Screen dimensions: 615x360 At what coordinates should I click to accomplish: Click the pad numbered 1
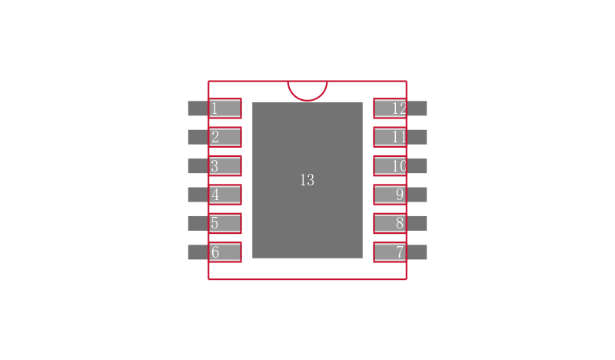tap(224, 108)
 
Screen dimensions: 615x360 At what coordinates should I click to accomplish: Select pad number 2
tap(224, 137)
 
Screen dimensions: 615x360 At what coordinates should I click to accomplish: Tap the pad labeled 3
tap(224, 165)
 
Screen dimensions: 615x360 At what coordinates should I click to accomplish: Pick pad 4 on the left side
tap(224, 195)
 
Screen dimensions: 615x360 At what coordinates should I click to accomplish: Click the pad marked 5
tap(224, 223)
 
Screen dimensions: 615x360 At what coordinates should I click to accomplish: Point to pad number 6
tap(224, 252)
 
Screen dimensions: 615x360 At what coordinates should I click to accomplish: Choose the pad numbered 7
tap(390, 252)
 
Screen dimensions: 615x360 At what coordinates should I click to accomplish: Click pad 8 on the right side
tap(390, 223)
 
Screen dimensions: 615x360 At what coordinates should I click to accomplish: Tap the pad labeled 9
tap(390, 195)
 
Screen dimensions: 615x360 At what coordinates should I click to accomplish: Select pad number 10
tap(390, 165)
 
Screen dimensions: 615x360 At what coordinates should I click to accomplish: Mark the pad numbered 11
tap(390, 137)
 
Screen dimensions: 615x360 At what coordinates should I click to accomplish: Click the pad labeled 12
tap(390, 108)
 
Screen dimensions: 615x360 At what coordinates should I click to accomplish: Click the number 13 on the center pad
tap(307, 180)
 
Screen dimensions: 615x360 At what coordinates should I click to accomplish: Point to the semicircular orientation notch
tap(307, 101)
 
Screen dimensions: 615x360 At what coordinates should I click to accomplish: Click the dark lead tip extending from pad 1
tap(198, 108)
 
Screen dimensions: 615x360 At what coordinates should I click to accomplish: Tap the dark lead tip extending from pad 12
tap(417, 108)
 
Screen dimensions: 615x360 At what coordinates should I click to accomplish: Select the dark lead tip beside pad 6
tap(198, 252)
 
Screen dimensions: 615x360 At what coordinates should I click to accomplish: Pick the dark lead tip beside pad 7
tap(417, 252)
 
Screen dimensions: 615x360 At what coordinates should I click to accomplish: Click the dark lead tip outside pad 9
tap(417, 195)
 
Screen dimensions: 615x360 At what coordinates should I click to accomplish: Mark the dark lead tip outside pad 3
tap(198, 165)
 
